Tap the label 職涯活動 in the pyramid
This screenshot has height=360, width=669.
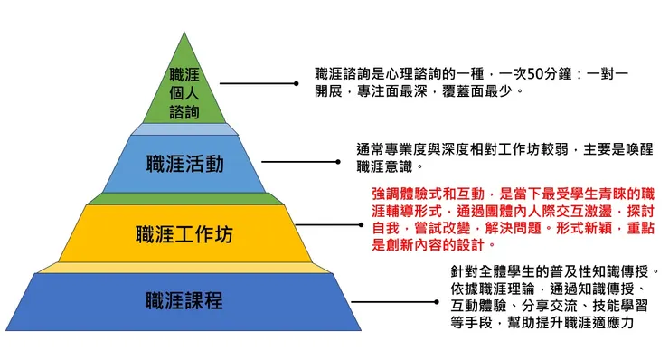pyautogui.click(x=184, y=165)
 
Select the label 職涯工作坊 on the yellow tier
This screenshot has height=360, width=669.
pyautogui.click(x=184, y=233)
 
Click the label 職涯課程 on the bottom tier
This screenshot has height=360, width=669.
pyautogui.click(x=184, y=300)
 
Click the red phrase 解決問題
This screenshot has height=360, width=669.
pyautogui.click(x=478, y=227)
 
